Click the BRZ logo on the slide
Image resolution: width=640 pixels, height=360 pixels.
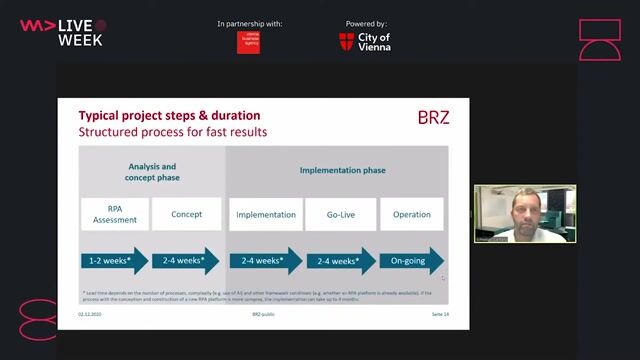point(433,118)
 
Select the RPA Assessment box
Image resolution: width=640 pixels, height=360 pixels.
point(115,214)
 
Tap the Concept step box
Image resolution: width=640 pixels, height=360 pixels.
point(187,214)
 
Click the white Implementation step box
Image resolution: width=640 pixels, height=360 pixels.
point(266,214)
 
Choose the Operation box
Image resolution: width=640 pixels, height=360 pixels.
point(411,214)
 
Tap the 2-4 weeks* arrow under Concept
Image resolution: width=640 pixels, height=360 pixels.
point(187,261)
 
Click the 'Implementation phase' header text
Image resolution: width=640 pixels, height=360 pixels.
point(342,171)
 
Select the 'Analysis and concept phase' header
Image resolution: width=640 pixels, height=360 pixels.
point(152,172)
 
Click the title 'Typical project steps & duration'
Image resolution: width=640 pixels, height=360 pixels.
point(169,116)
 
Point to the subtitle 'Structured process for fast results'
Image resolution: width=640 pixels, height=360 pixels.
point(173,132)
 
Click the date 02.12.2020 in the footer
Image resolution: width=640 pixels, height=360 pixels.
point(90,314)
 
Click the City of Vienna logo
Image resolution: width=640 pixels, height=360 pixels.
point(365,41)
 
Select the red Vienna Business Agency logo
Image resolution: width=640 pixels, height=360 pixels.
point(248,42)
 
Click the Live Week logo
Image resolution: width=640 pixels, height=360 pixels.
point(62,32)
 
